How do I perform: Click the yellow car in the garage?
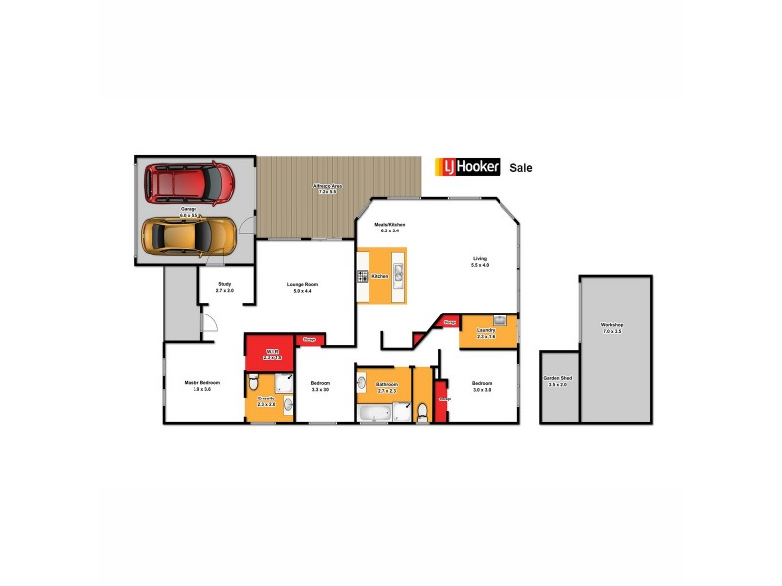(x=188, y=234)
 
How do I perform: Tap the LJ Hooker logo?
(x=468, y=167)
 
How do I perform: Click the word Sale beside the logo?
(x=521, y=168)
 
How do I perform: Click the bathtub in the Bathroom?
(x=374, y=415)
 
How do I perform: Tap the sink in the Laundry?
(x=499, y=319)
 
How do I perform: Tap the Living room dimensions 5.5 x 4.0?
(x=479, y=265)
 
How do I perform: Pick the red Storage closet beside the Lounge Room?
(x=309, y=339)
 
